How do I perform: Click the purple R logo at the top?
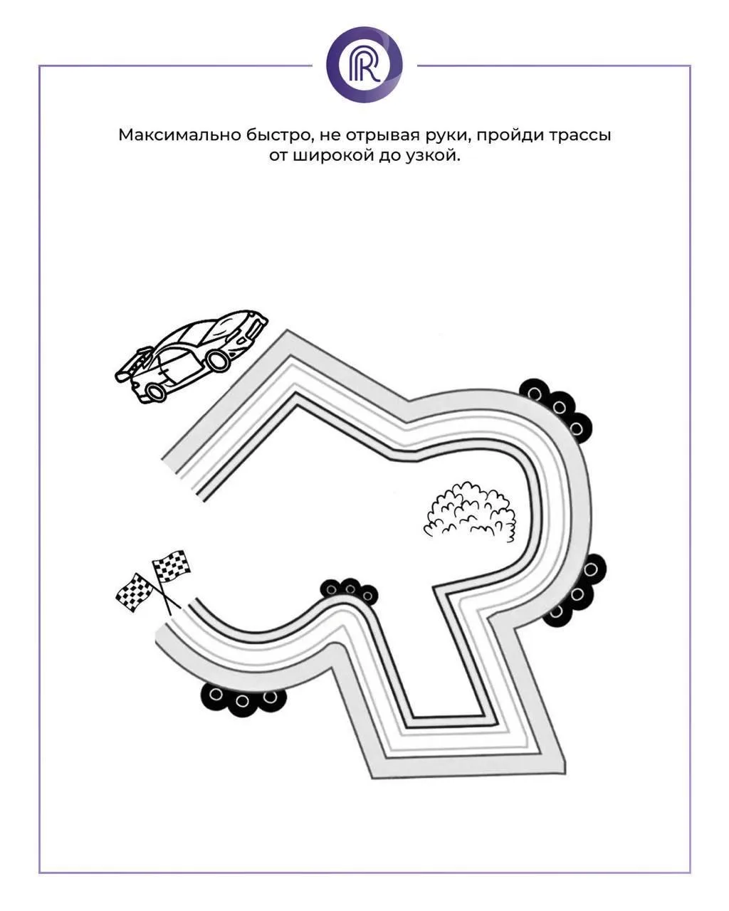coord(364,64)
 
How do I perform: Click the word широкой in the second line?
coord(330,156)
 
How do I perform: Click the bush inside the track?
coord(470,512)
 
